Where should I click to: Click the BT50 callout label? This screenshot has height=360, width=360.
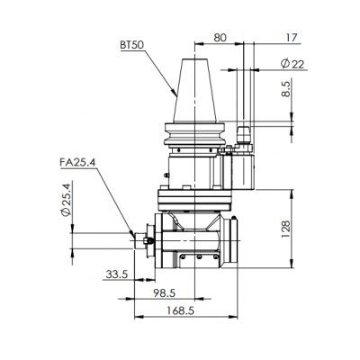click(x=132, y=45)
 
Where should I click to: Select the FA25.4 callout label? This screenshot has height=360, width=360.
click(x=77, y=162)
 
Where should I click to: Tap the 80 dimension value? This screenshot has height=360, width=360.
click(x=220, y=38)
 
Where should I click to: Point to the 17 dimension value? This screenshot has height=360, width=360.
click(x=292, y=38)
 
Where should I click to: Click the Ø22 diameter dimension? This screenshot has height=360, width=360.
click(x=292, y=64)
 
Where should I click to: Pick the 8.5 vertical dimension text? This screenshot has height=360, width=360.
click(x=286, y=89)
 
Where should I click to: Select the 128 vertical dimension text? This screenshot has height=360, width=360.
click(x=286, y=229)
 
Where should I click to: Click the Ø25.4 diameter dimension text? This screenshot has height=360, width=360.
click(x=65, y=200)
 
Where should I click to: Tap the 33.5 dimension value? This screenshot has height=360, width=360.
click(x=117, y=274)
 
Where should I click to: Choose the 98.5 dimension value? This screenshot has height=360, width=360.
click(x=164, y=292)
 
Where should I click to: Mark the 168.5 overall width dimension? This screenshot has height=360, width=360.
click(x=180, y=310)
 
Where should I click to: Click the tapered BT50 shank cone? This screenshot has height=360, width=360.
click(x=194, y=91)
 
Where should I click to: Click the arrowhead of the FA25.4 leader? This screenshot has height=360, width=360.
click(x=131, y=235)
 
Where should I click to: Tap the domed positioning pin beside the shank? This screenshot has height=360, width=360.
click(x=244, y=134)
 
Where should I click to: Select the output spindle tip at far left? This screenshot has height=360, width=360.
click(x=140, y=241)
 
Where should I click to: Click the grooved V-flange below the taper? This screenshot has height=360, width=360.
click(x=194, y=134)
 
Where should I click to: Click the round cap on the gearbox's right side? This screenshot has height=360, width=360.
click(x=232, y=240)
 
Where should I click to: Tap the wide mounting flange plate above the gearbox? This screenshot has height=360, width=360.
click(x=194, y=200)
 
